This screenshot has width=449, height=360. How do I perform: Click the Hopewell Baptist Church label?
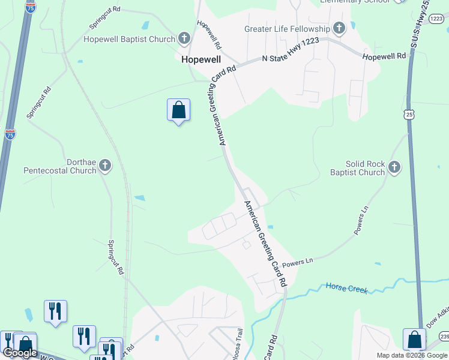(x=129, y=40)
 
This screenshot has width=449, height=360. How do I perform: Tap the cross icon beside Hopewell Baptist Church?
(x=184, y=40)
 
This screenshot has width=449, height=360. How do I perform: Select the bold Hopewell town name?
(x=201, y=60)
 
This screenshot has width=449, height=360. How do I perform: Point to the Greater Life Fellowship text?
(x=287, y=29)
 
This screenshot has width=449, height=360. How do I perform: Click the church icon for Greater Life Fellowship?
(x=339, y=28)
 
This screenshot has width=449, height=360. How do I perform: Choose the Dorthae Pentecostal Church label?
(x=59, y=166)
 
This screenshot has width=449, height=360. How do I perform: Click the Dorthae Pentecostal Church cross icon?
(x=105, y=166)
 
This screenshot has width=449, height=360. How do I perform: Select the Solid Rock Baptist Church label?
(x=357, y=168)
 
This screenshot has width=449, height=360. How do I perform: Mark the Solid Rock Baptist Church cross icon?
(x=394, y=167)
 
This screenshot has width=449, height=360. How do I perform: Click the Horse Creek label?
(x=346, y=289)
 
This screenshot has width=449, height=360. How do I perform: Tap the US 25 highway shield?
(x=408, y=114)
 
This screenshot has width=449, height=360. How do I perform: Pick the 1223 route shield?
(x=436, y=19)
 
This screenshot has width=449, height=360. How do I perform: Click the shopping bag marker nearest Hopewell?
(x=178, y=110)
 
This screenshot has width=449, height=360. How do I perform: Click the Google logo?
(x=20, y=352)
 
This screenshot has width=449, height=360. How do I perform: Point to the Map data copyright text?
(x=412, y=355)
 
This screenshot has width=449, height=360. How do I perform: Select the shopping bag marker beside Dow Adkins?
(x=414, y=340)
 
